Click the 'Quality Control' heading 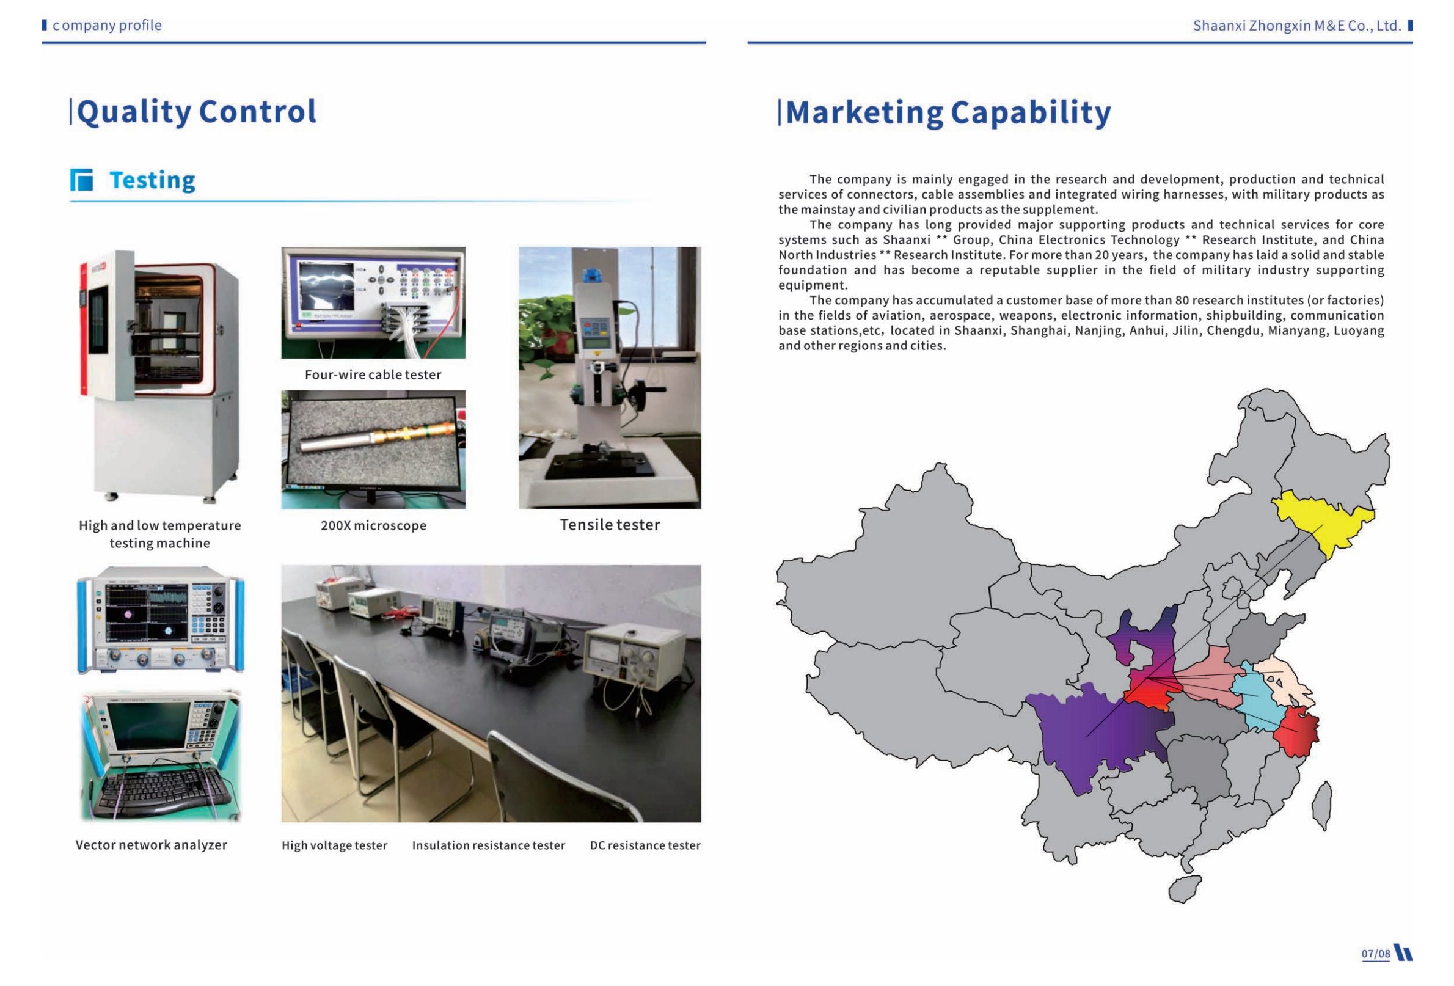click(x=197, y=112)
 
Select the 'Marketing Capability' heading click(x=948, y=112)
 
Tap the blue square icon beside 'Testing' click(x=81, y=180)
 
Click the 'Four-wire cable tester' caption click(x=373, y=374)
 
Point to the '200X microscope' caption click(x=373, y=525)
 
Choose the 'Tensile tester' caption click(x=610, y=525)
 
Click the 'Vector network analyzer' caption click(x=152, y=845)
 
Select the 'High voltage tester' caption click(x=335, y=846)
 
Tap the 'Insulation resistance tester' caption click(x=489, y=846)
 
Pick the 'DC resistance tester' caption click(x=645, y=846)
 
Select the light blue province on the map click(x=1254, y=698)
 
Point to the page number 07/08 click(x=1376, y=954)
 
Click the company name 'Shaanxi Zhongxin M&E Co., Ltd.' click(x=1297, y=26)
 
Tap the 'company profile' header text click(x=107, y=25)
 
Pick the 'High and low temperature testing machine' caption click(x=159, y=535)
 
